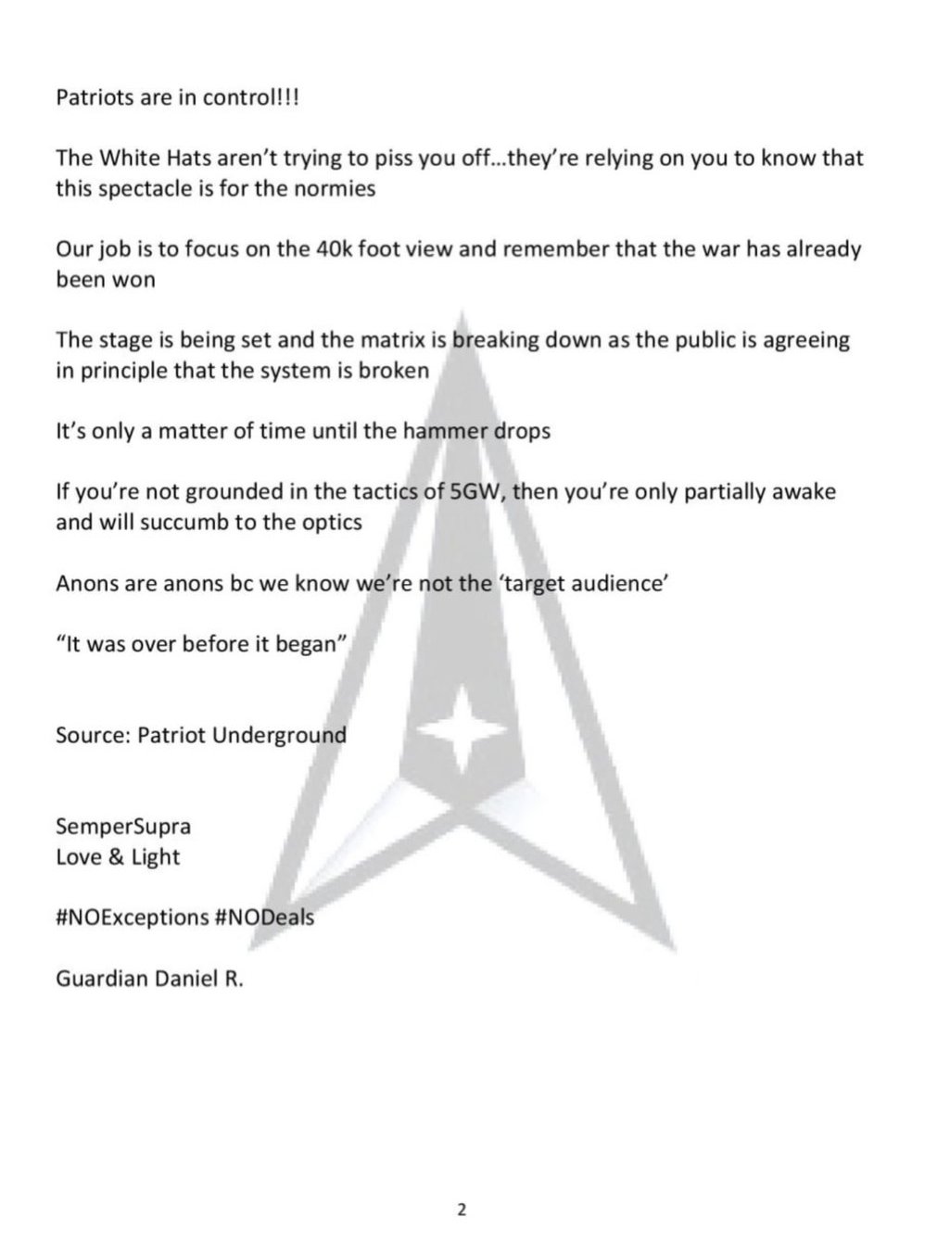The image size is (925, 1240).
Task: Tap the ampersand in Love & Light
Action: [116, 856]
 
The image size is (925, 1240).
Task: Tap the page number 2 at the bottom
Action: [462, 1208]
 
